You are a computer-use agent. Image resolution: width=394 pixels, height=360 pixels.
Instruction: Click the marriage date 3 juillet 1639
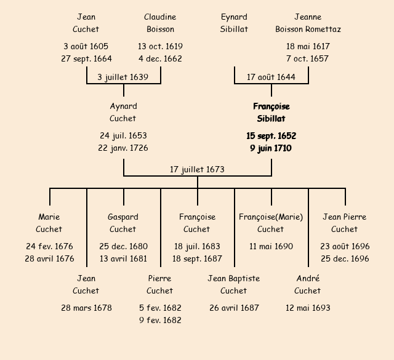(123, 77)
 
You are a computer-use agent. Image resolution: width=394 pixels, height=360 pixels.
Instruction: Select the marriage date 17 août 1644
(271, 77)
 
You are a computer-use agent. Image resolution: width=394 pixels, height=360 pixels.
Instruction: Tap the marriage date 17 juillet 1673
(197, 169)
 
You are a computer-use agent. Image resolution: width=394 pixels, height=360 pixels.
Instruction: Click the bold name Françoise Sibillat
(271, 113)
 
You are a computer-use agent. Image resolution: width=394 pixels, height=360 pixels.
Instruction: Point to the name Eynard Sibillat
(234, 23)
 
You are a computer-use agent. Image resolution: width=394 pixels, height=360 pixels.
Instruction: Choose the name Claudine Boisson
(160, 23)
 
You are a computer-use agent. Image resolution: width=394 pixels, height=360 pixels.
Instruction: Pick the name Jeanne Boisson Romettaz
(308, 23)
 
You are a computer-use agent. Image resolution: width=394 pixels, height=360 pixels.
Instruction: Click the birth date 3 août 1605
(86, 46)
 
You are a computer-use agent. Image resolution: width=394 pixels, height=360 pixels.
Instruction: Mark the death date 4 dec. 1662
(160, 59)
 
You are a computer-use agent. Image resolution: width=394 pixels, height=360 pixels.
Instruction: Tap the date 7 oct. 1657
(308, 59)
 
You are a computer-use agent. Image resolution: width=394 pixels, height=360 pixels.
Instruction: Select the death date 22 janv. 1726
(123, 148)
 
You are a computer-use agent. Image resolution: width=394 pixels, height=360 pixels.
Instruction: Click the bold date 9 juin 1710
(271, 148)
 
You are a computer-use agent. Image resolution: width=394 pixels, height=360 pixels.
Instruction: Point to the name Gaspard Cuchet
(123, 223)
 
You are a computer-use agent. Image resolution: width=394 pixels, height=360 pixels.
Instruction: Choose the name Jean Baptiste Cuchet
(234, 284)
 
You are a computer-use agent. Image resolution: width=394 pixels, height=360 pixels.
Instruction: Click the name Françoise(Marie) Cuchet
(271, 223)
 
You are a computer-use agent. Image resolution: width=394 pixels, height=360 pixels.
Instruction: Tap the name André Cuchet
(308, 284)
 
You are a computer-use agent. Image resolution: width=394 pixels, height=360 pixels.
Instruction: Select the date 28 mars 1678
(86, 308)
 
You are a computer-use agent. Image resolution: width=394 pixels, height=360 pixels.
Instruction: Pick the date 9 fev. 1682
(160, 320)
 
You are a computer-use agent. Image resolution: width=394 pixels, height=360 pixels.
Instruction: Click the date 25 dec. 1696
(345, 259)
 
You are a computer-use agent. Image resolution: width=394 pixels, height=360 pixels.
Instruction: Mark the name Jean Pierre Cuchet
(345, 223)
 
